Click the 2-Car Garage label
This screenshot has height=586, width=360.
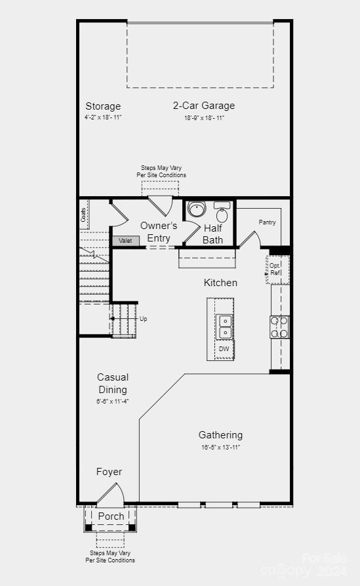pos(203,106)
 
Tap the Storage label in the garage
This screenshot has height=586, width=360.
pos(103,106)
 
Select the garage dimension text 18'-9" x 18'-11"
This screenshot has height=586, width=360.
pos(203,118)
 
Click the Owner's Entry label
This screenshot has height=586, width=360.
pos(159,232)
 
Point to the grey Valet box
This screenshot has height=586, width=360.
pos(125,241)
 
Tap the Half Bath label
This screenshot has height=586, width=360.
pos(212,234)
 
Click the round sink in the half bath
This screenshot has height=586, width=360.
pos(196,210)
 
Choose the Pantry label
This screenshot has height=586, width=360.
pos(267,222)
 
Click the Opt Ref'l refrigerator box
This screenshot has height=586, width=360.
pos(276,269)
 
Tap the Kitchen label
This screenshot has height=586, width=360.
pos(220,283)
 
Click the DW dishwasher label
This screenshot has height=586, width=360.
pos(224,349)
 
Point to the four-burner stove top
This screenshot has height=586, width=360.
pos(279,327)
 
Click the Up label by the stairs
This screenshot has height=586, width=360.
pos(143,319)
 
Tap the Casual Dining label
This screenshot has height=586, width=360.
pos(113,383)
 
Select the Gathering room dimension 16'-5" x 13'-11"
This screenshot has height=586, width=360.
pos(220,447)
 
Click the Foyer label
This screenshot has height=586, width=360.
pos(109,472)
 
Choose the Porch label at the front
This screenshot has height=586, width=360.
pos(111,516)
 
